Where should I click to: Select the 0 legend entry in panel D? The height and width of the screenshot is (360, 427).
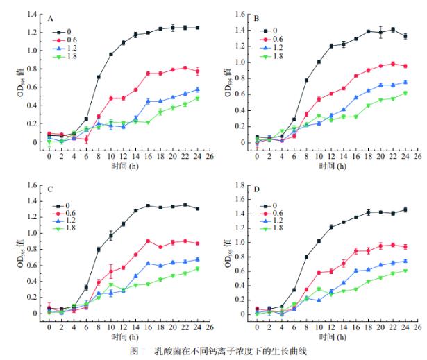tap(276, 205)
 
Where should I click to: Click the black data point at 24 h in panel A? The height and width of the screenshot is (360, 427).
tap(197, 28)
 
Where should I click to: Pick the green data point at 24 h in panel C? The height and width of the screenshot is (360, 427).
tap(197, 268)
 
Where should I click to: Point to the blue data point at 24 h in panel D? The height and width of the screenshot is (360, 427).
tap(405, 261)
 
